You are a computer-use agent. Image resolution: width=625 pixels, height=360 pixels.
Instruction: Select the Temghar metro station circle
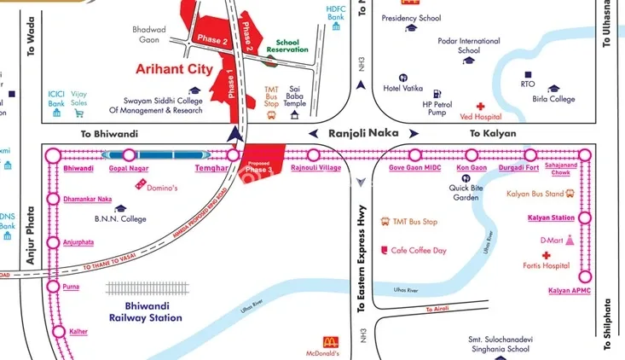(233, 155)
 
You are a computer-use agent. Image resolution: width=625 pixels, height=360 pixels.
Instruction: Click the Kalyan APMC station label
(570, 292)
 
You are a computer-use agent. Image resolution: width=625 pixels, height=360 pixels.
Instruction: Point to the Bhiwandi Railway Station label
(145, 312)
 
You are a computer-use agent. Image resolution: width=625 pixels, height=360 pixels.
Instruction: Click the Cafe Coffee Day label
(419, 250)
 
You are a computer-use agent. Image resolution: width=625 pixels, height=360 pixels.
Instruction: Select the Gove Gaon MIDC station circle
(415, 155)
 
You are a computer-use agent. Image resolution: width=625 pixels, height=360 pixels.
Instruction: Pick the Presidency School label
(411, 17)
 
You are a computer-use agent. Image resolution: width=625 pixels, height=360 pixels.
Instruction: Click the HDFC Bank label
(336, 12)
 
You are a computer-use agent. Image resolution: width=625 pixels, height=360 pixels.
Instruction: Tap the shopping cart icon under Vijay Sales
(79, 113)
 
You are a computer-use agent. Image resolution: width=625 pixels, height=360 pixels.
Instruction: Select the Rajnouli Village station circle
(314, 155)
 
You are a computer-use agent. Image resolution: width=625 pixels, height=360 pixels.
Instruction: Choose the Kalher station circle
(58, 331)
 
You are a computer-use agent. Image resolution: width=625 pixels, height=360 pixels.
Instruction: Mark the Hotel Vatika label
(403, 88)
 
